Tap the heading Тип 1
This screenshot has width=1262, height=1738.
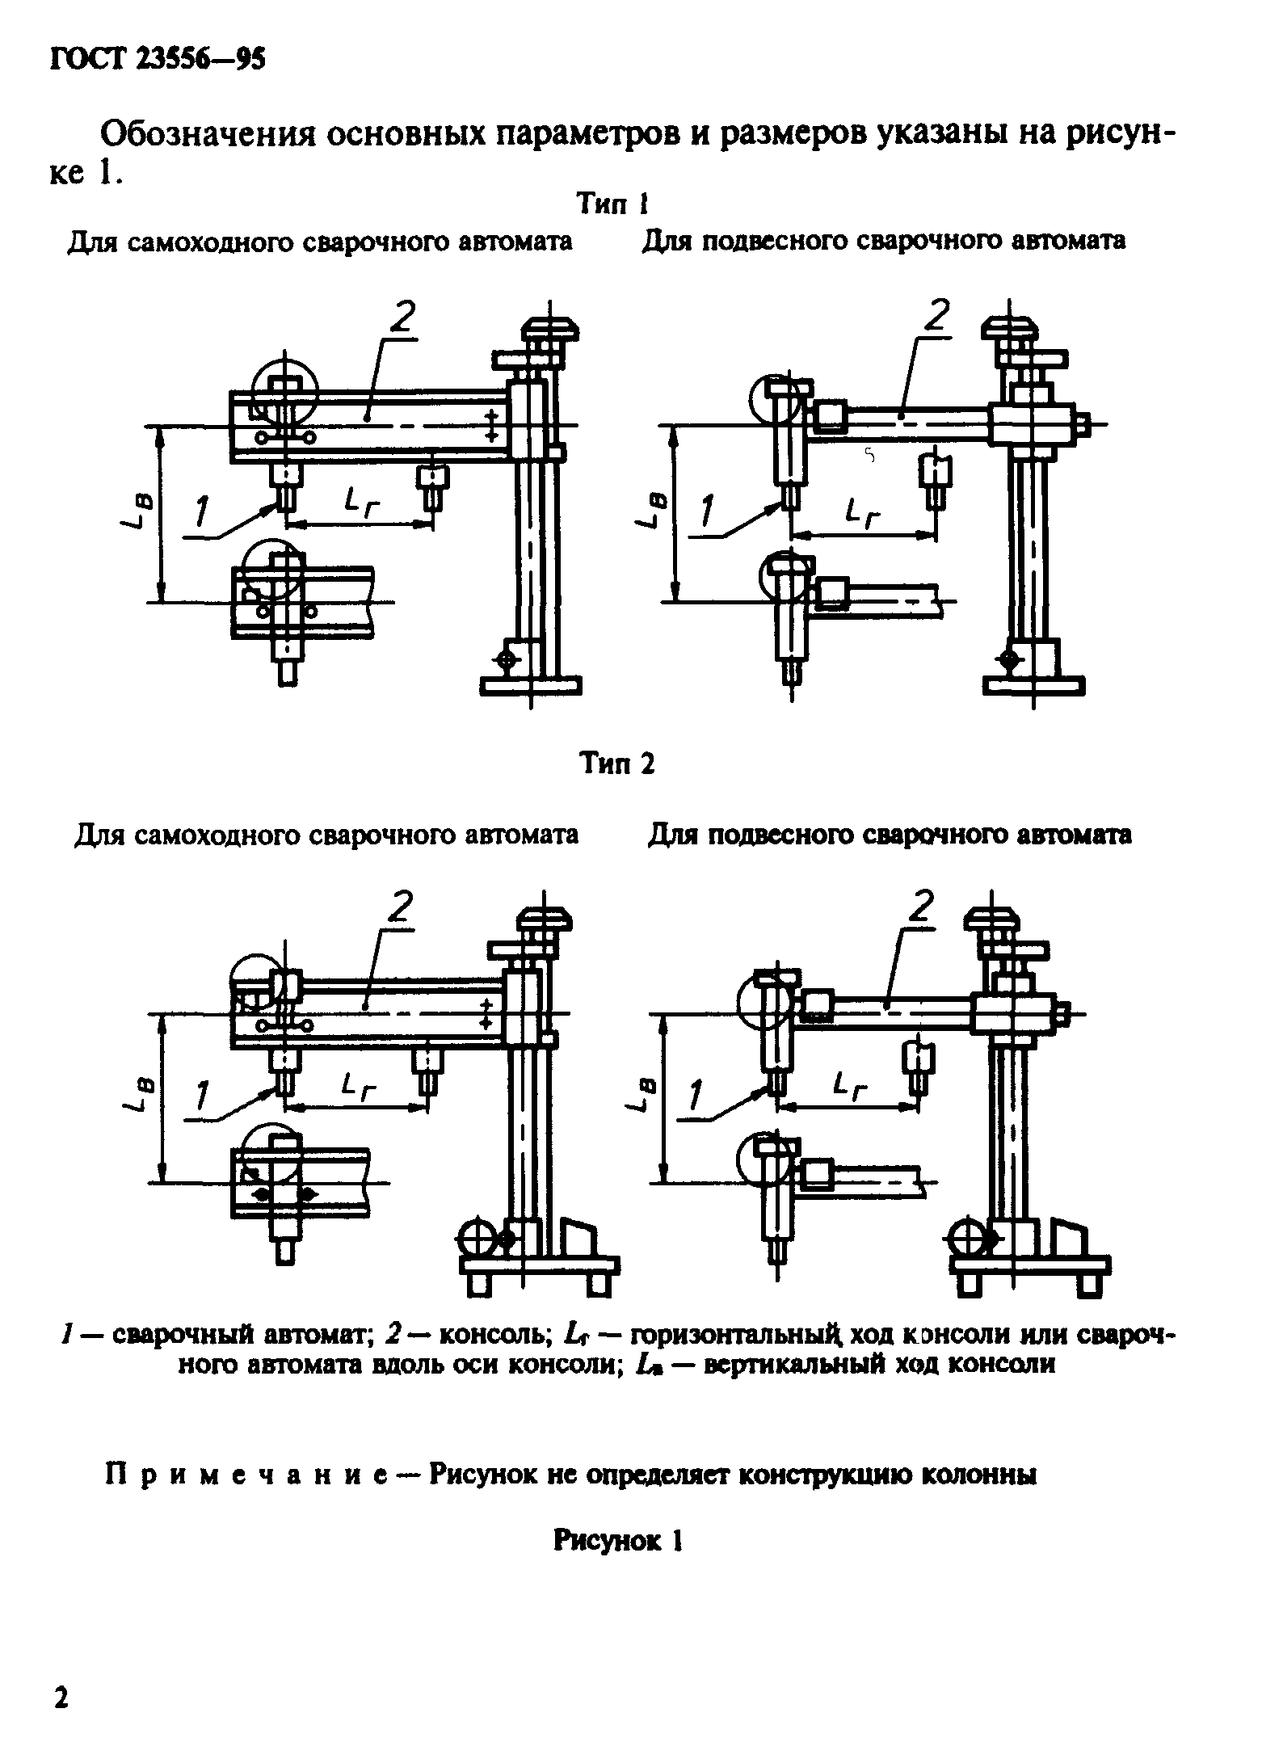(x=613, y=204)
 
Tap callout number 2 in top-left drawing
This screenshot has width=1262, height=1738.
(x=402, y=318)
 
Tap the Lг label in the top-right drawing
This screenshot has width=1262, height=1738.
(x=861, y=513)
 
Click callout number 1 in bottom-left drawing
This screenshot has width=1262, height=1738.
(x=201, y=1096)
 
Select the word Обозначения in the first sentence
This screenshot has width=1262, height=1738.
(x=206, y=134)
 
